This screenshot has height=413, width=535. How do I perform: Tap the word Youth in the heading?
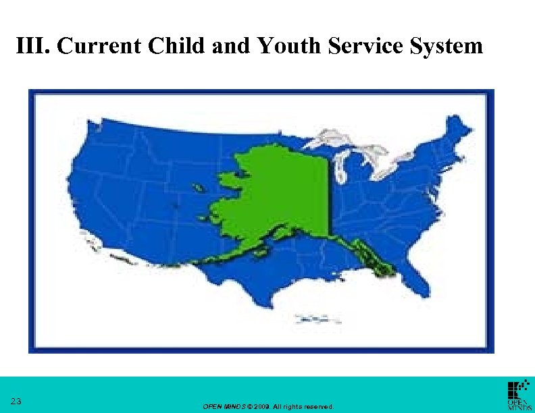tap(282, 46)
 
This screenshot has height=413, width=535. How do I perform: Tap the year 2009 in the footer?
tap(263, 407)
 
